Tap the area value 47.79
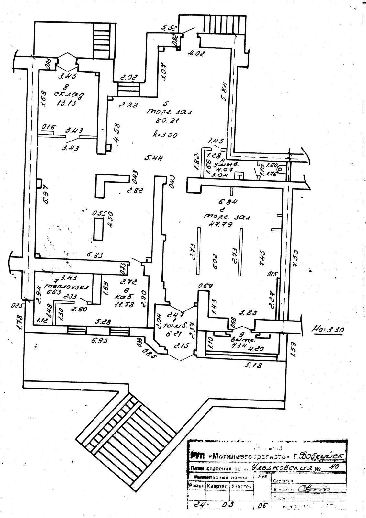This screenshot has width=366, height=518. (221, 224)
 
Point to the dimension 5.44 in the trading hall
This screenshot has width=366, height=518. (154, 158)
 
